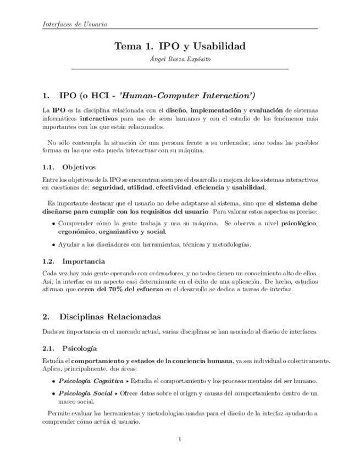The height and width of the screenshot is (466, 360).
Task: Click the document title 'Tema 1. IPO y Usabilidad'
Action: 180,46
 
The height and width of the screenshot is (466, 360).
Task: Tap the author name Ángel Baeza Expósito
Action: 180,59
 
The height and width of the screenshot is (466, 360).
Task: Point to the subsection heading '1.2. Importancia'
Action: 74,261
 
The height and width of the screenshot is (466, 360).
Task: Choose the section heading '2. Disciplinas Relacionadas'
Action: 102,317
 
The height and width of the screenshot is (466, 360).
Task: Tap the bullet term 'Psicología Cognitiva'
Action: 91,381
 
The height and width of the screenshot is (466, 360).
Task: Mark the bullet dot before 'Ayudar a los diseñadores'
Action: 53,245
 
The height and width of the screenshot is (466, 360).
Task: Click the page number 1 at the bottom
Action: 180,439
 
